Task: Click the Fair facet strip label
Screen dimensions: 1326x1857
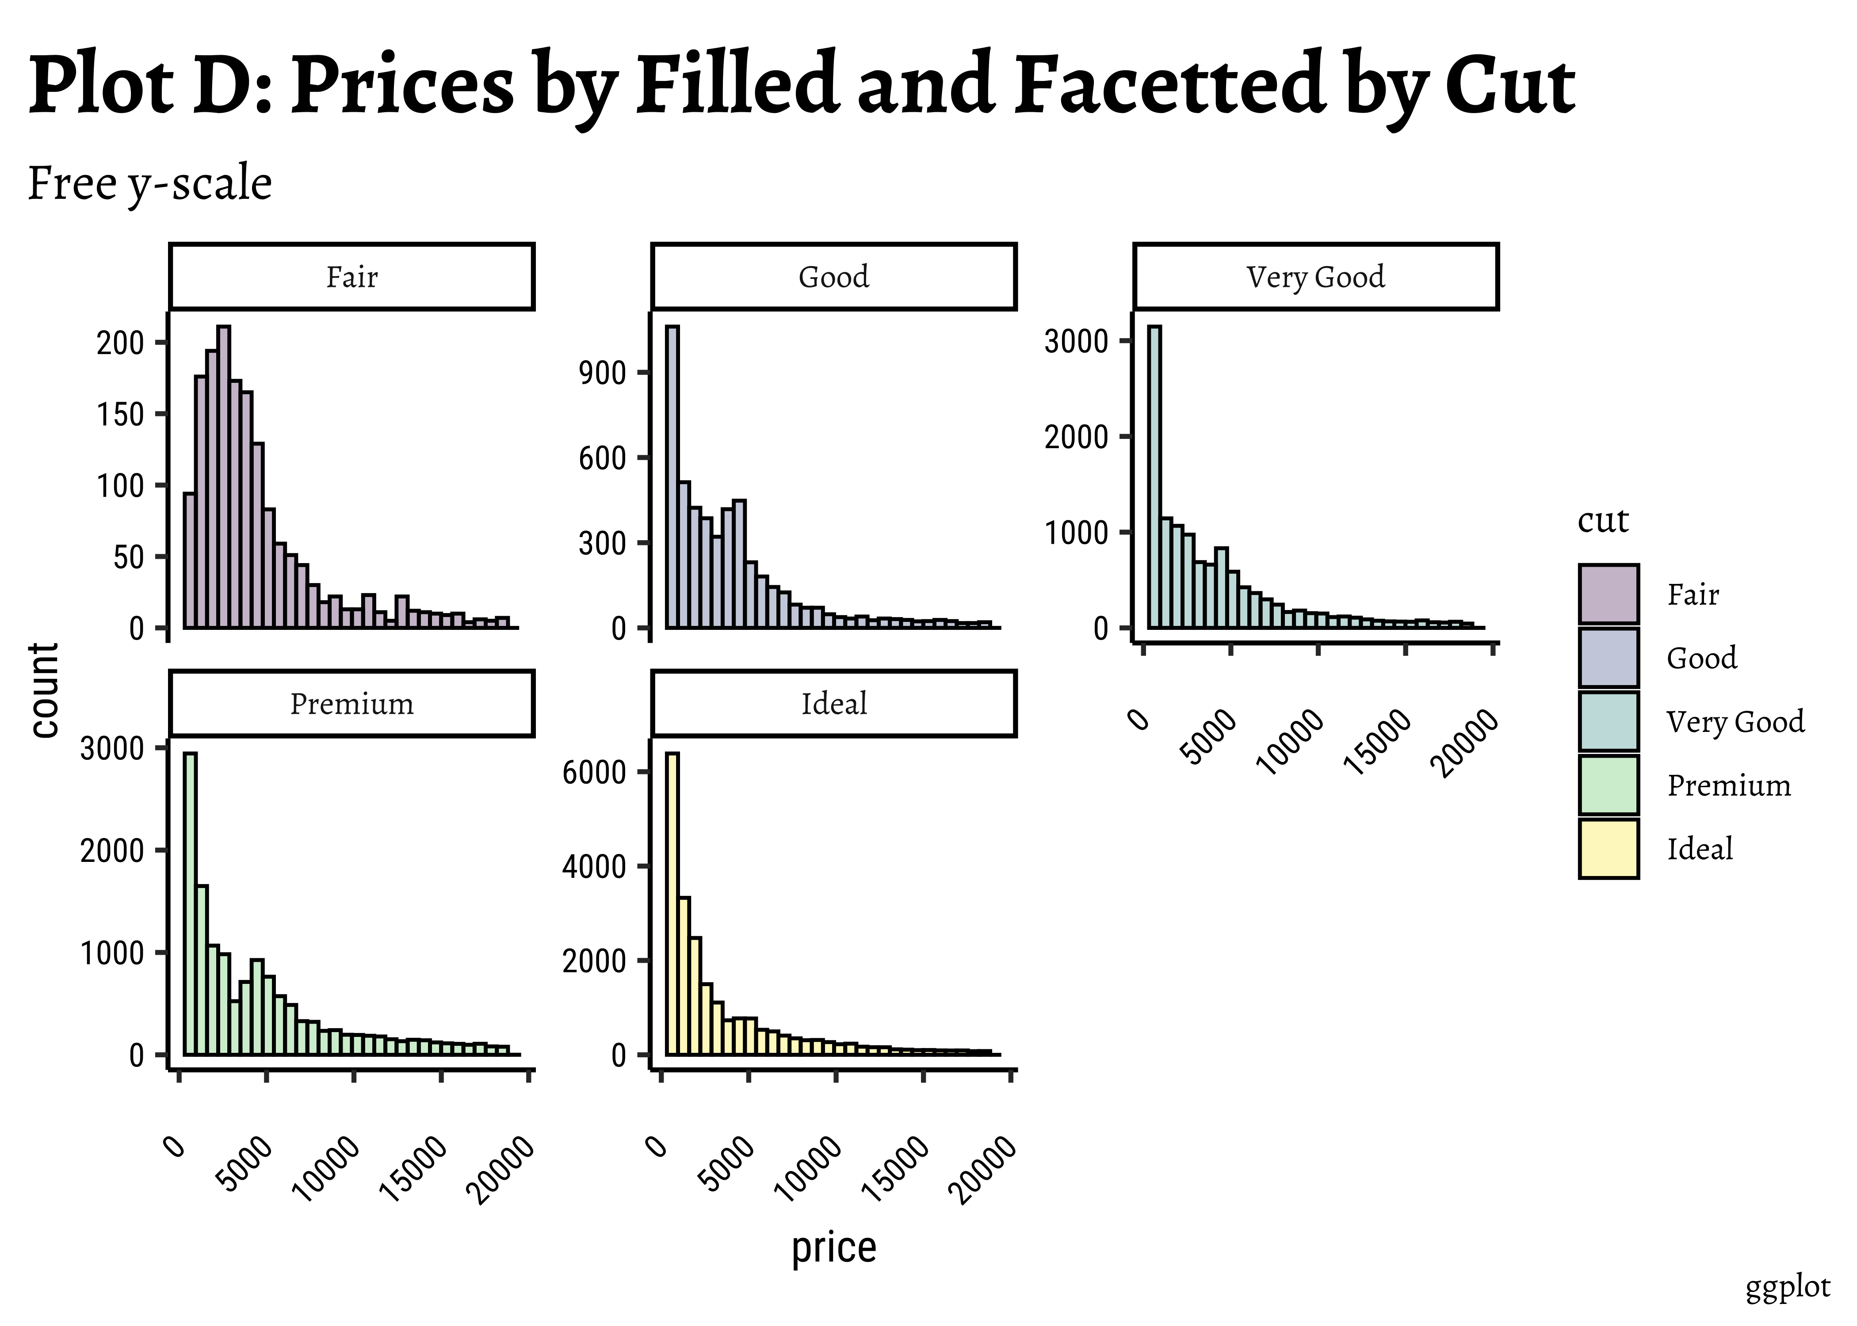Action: pyautogui.click(x=352, y=277)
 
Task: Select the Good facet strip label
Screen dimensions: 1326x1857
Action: pyautogui.click(x=834, y=277)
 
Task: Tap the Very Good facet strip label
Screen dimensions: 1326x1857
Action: pyautogui.click(x=1315, y=277)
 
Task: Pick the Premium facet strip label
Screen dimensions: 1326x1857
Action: pyautogui.click(x=352, y=704)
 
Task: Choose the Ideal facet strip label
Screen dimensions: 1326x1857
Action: pyautogui.click(x=834, y=704)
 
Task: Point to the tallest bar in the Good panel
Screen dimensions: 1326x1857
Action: pyautogui.click(x=672, y=478)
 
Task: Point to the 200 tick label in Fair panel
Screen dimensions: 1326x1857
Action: pyautogui.click(x=120, y=343)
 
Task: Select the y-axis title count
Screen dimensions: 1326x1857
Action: pyautogui.click(x=45, y=690)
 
